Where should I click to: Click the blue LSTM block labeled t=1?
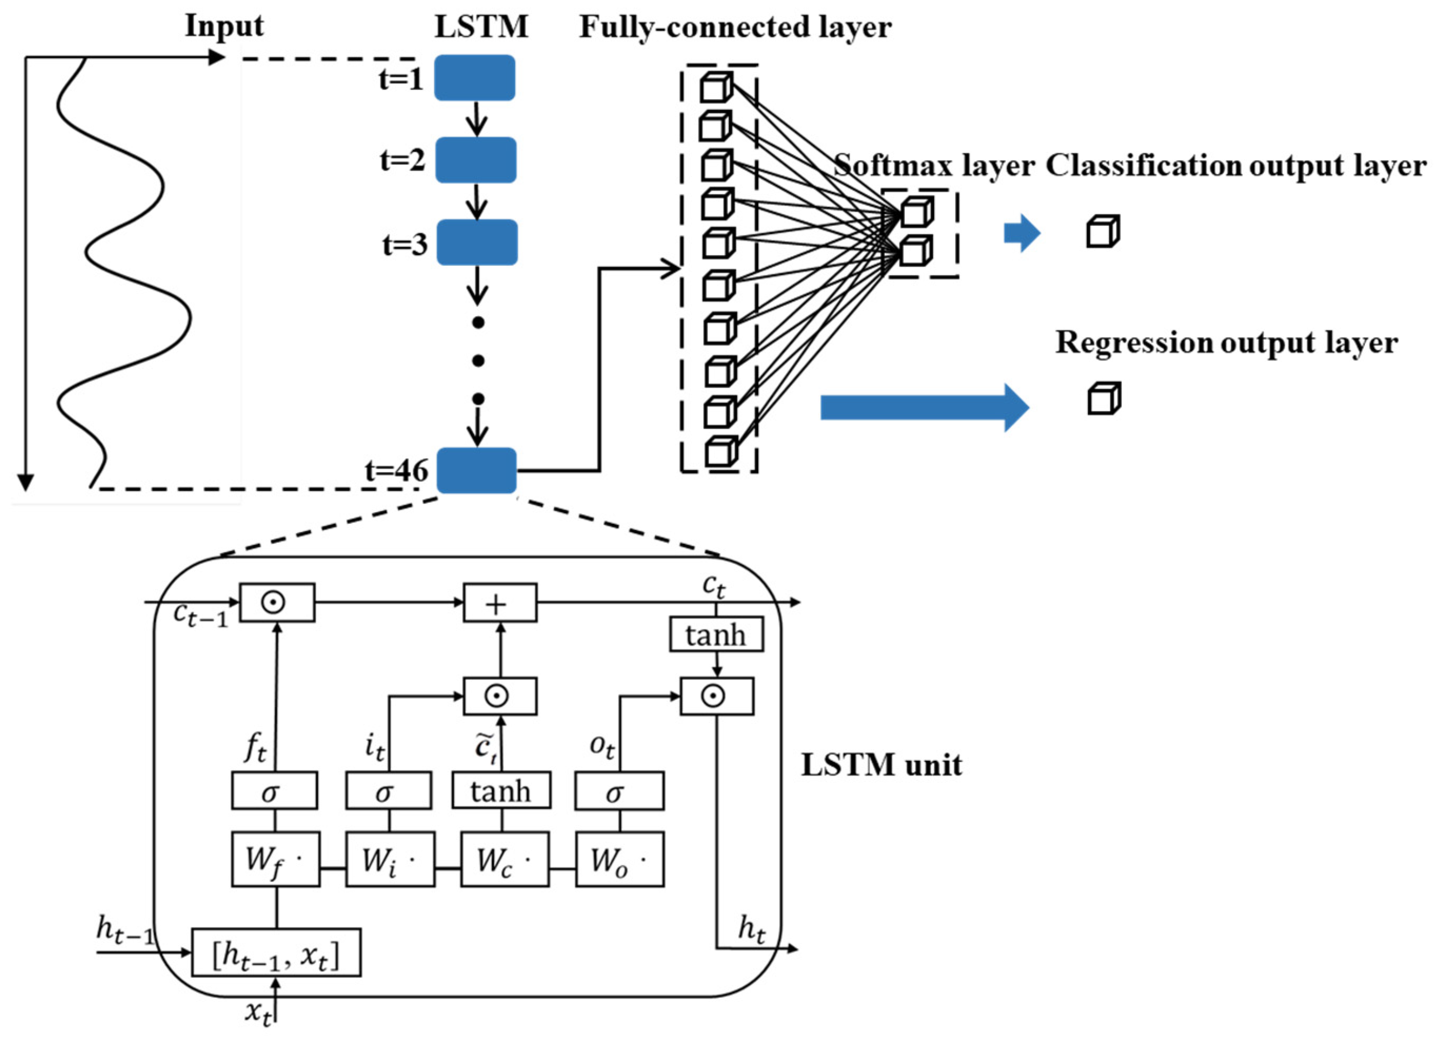pyautogui.click(x=474, y=78)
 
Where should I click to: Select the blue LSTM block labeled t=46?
pyautogui.click(x=476, y=470)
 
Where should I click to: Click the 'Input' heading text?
pyautogui.click(x=224, y=27)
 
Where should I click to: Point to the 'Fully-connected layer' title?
pyautogui.click(x=735, y=27)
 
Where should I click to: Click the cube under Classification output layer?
pyautogui.click(x=1102, y=231)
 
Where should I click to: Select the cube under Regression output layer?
pyautogui.click(x=1104, y=399)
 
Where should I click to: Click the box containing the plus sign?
pyautogui.click(x=500, y=603)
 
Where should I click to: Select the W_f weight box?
pyautogui.click(x=275, y=859)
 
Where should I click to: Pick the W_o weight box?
pyautogui.click(x=619, y=859)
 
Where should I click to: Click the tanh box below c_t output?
pyautogui.click(x=716, y=634)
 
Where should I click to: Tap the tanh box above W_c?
pyautogui.click(x=501, y=790)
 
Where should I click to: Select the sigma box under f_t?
pyautogui.click(x=274, y=790)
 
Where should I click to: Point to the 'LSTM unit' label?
pyautogui.click(x=881, y=765)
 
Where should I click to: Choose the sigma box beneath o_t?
pyautogui.click(x=619, y=790)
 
